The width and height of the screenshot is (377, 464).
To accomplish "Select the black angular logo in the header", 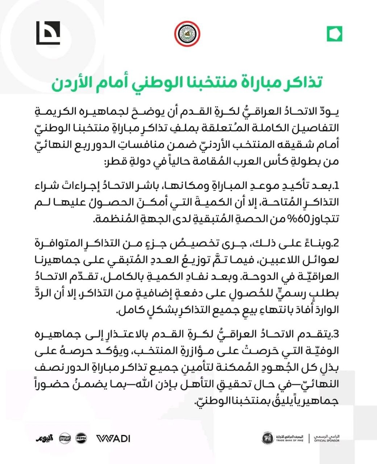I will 48,33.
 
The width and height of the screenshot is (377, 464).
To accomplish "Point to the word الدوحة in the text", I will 252,277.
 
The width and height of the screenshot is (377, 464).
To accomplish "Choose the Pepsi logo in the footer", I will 81,438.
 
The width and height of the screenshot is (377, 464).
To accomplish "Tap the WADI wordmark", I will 113,438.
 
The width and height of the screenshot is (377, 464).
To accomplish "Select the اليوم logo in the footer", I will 45,438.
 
